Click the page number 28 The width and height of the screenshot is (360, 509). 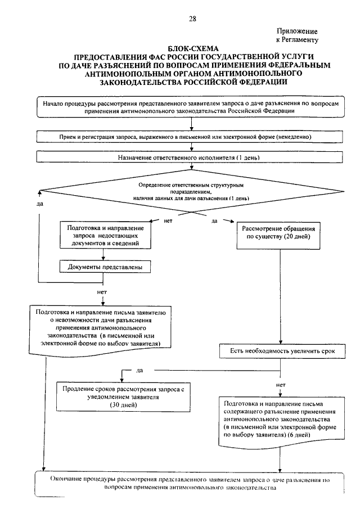[x=192, y=19]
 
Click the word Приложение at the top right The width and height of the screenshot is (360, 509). [x=297, y=31]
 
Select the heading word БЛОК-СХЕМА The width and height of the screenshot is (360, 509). [x=193, y=49]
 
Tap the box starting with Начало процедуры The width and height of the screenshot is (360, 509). [x=191, y=107]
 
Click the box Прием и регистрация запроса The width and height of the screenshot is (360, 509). [x=190, y=137]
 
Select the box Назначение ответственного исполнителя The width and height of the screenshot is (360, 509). [x=190, y=157]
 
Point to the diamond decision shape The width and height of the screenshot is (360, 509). [x=191, y=191]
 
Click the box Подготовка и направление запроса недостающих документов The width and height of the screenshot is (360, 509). [x=106, y=235]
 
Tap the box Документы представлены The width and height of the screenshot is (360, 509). [x=105, y=267]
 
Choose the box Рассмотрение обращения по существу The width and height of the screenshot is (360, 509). [x=278, y=236]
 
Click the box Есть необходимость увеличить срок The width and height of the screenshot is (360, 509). [x=282, y=351]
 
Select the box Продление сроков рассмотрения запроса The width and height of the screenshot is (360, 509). [x=123, y=397]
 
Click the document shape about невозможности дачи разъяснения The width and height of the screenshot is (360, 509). [x=100, y=330]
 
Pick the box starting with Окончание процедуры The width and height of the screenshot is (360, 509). [x=190, y=484]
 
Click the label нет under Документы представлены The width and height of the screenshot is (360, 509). [x=102, y=292]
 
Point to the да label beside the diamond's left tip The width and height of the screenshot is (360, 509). [x=39, y=204]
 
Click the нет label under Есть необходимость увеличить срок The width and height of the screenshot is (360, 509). [x=281, y=385]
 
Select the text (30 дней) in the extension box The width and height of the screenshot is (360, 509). [x=123, y=405]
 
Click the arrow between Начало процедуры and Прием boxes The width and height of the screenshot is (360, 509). [x=191, y=124]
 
